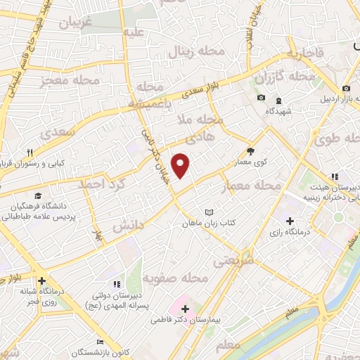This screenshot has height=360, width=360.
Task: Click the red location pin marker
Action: pos(181,165)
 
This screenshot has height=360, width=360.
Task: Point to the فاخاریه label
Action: pos(305,53)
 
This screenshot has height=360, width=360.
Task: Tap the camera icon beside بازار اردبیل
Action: pos(347,88)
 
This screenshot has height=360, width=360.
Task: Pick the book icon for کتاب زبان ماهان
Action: pos(208,212)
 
